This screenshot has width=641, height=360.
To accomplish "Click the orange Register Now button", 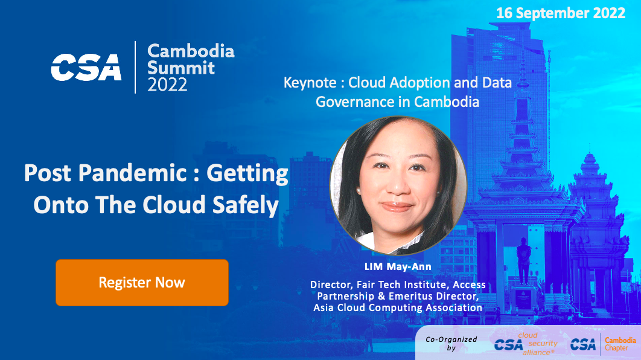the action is pos(142,283).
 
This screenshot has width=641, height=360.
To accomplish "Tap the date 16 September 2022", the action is pos(561,13).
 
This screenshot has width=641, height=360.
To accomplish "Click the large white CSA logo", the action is pos(86,67).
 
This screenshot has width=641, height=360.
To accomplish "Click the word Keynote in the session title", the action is pos(310,83).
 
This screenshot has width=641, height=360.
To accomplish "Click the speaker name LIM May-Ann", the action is pos(398,267).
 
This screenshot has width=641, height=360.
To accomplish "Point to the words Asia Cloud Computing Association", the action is pos(398,307).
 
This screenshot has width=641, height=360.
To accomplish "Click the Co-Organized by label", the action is pos(451,344).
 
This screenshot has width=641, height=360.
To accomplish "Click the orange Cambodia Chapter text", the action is pos(620,344).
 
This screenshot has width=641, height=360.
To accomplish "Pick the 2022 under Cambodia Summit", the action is pos(167,85).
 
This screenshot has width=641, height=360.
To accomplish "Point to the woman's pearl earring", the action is pos(359,191).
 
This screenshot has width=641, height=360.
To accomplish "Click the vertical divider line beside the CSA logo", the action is pos(135,67).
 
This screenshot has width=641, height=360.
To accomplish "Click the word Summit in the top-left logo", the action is pos(180,68).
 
